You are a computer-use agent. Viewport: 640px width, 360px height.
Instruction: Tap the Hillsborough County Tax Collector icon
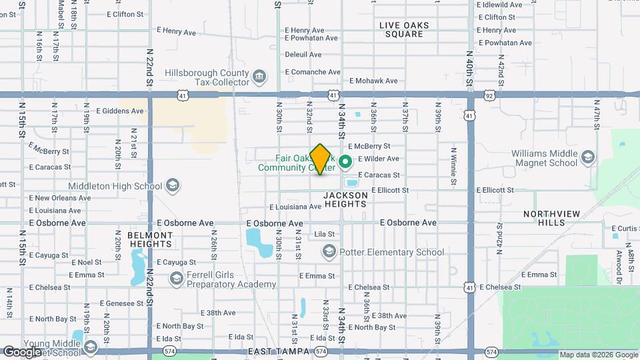pos(259,77)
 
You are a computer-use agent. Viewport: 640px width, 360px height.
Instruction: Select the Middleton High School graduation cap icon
pos(173,185)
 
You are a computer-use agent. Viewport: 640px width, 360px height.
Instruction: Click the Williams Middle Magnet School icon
pos(587,157)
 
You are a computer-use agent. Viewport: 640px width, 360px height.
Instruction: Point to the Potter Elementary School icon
pos(329,252)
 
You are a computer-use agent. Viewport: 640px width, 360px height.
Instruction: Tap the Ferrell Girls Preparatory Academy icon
pos(176,279)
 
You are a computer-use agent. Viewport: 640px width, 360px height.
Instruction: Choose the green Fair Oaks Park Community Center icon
pos(345,162)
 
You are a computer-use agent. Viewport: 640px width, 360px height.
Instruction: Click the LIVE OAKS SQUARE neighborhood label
pos(404,30)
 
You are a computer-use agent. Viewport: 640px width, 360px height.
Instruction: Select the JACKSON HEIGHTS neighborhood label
pos(345,199)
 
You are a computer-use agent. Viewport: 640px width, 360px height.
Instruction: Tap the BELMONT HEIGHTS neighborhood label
pos(150,240)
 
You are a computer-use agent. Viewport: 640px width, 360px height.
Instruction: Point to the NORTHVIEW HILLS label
pos(552,218)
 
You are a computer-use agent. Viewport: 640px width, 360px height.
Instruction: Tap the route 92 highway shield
pos(490,96)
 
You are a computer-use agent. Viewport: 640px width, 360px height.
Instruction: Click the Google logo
pos(22,352)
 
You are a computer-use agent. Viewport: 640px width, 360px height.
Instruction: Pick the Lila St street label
pos(324,234)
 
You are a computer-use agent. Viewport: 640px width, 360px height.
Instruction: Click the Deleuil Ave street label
pos(303,55)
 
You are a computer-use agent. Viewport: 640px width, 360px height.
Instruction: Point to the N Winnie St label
pos(453,167)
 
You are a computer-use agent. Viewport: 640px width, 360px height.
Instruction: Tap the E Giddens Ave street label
pos(120,111)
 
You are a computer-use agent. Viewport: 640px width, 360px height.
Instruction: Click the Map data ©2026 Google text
pos(598,355)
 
